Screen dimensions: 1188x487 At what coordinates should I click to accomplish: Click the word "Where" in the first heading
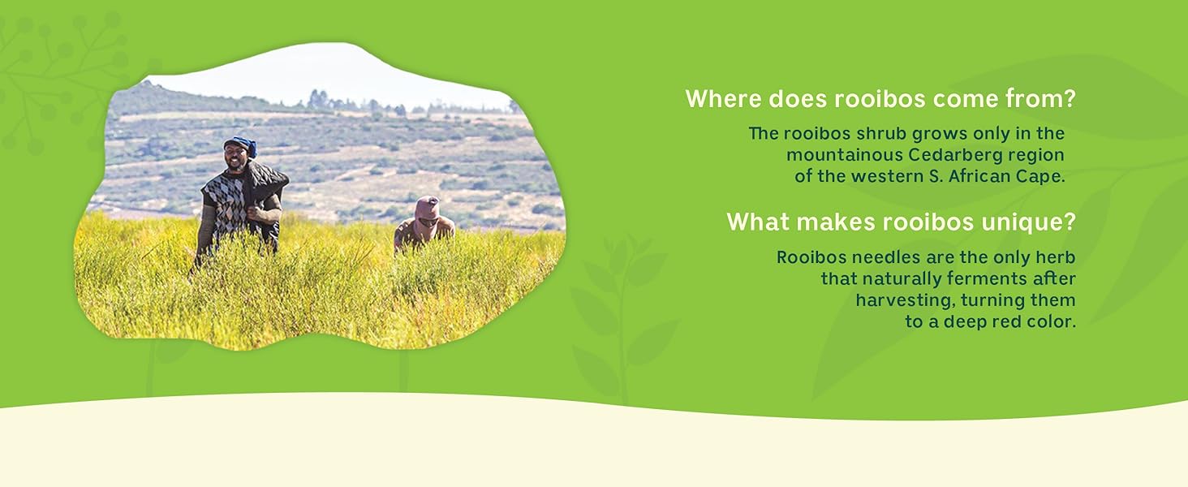(x=723, y=99)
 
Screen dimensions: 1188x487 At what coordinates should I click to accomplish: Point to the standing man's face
(x=235, y=157)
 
